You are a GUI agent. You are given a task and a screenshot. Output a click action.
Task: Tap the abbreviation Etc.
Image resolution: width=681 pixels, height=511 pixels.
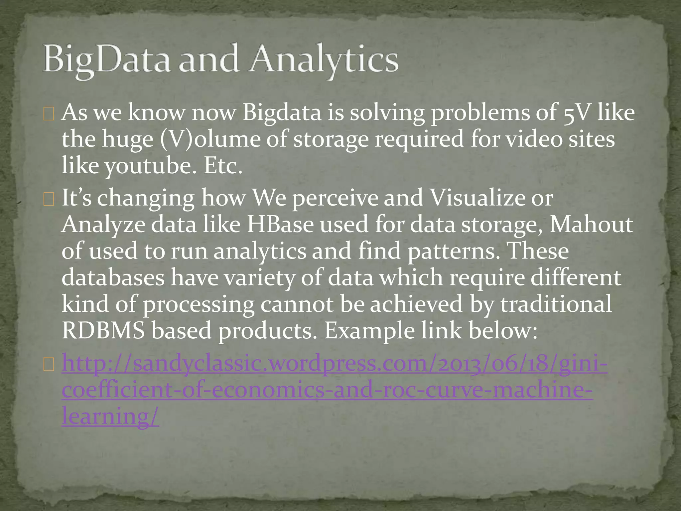pos(223,166)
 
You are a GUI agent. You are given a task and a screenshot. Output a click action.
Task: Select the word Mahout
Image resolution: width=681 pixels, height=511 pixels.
pos(591,224)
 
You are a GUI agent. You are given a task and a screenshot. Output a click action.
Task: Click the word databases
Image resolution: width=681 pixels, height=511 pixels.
pos(113,277)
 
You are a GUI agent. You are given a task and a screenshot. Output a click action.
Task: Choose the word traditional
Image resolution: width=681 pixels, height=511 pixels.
pos(556,304)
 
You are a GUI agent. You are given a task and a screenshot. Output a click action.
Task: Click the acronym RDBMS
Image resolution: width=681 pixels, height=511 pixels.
pos(103,331)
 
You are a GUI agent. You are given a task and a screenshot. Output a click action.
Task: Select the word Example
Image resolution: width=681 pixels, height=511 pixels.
pos(369,331)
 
